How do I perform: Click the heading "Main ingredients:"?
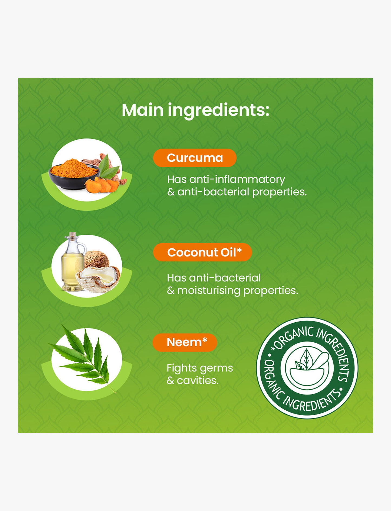point(196,110)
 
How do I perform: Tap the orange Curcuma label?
point(195,158)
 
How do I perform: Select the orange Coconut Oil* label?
point(202,252)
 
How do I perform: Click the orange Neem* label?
point(185,342)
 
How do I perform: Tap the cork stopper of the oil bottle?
point(73,235)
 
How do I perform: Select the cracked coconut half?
point(98,279)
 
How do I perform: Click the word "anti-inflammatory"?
point(237,180)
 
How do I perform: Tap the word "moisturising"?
point(209,291)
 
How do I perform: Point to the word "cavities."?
point(198,380)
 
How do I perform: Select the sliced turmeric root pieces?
point(102,185)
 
